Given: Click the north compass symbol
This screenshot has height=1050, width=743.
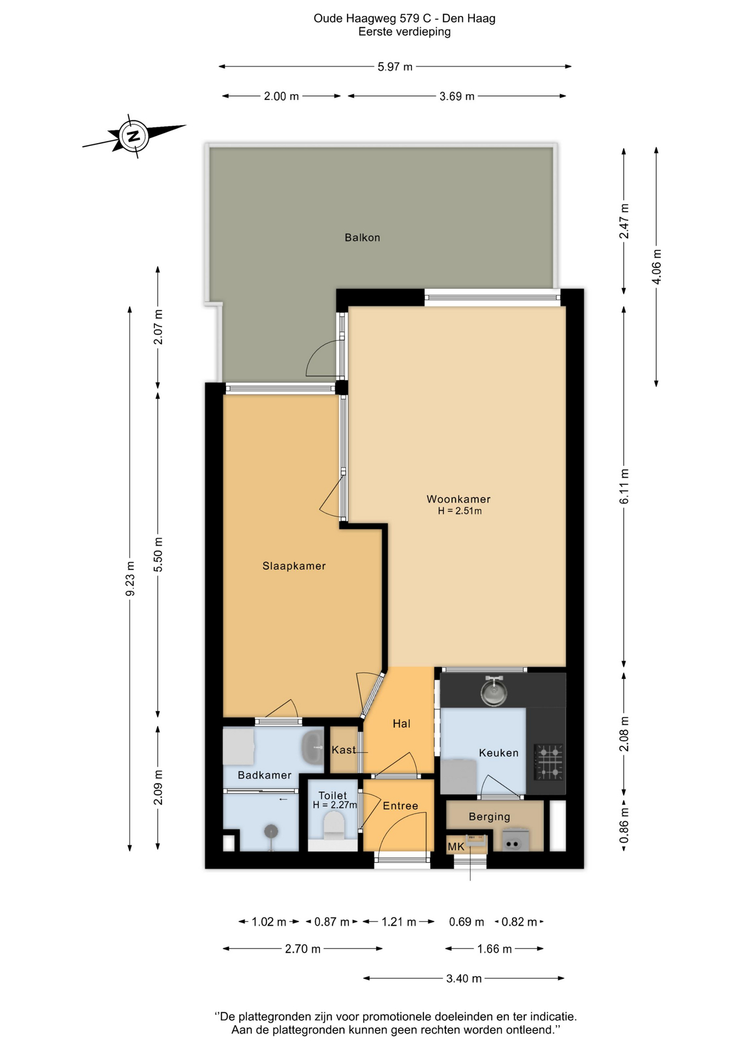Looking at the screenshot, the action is [x=133, y=136].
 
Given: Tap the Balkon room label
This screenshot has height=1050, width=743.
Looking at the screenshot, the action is [x=362, y=237].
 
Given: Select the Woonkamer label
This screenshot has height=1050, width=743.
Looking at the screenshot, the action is [x=458, y=499].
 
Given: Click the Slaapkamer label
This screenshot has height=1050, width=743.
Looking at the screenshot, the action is [x=294, y=566].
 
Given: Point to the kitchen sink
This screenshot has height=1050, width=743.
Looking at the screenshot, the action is [x=494, y=691].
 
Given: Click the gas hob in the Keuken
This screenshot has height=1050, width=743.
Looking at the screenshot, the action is [x=549, y=762].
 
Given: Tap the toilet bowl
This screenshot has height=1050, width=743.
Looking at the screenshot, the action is [x=334, y=825].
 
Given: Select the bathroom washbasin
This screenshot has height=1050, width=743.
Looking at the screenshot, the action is [x=312, y=747].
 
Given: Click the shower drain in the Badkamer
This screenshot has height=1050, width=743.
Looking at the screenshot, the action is [x=271, y=831].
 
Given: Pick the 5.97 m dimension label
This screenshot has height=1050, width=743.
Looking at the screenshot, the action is [x=395, y=67].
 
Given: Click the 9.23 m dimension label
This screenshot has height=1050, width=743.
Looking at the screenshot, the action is [x=130, y=579].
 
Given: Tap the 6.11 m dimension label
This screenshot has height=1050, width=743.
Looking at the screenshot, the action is [x=624, y=486].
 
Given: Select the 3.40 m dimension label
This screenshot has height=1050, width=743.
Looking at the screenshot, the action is [x=464, y=978].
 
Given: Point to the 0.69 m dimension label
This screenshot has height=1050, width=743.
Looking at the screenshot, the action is [x=466, y=922].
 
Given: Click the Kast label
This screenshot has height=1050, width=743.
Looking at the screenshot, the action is [x=344, y=750].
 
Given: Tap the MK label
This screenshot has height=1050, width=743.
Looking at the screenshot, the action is [x=456, y=847].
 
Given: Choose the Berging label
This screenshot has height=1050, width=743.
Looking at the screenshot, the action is [x=489, y=816].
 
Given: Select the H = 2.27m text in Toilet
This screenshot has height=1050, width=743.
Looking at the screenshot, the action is [x=335, y=805].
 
